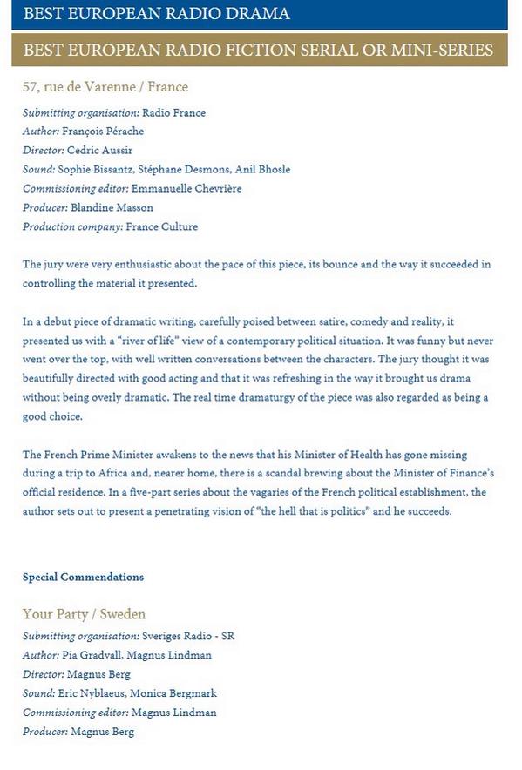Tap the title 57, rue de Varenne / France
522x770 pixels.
105,87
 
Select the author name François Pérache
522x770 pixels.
103,132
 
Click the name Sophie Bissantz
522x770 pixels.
94,170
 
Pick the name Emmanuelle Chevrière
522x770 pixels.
187,189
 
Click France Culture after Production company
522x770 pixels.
162,227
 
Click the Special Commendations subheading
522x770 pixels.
83,577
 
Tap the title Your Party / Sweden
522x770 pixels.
84,615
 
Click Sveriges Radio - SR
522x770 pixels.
188,637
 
